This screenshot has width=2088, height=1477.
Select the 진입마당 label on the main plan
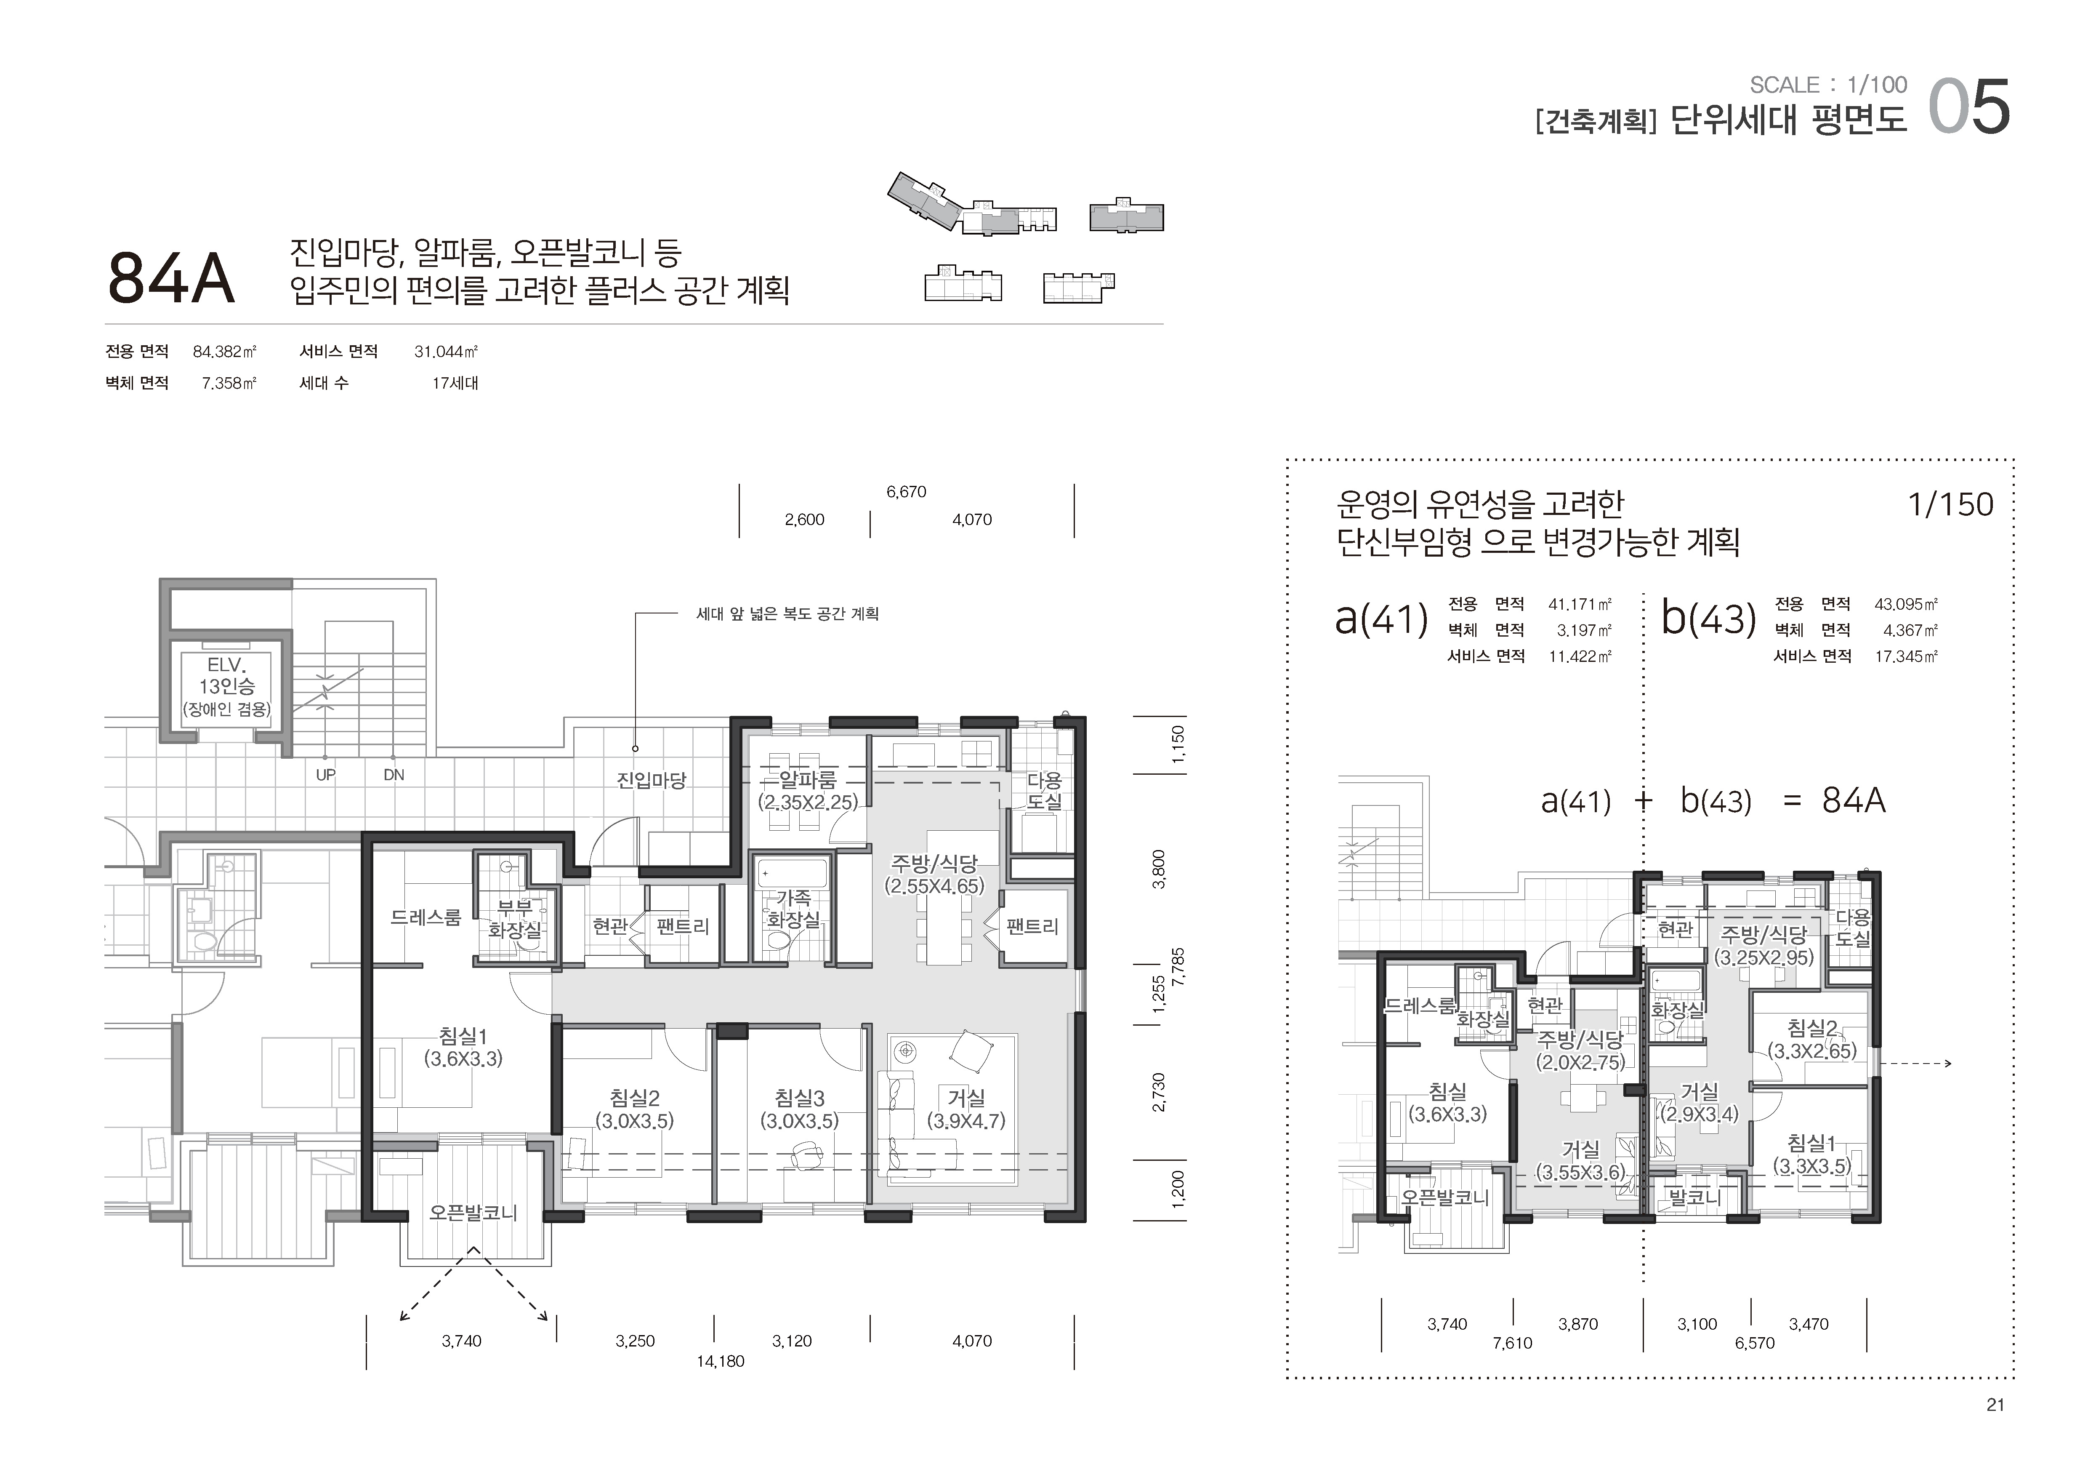point(651,780)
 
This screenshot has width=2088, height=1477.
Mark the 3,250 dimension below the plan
point(635,1341)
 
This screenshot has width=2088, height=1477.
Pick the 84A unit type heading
point(171,277)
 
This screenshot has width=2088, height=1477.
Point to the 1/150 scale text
point(1951,504)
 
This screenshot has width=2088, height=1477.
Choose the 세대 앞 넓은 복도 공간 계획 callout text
point(787,614)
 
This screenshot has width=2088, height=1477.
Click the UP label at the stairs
point(326,775)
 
